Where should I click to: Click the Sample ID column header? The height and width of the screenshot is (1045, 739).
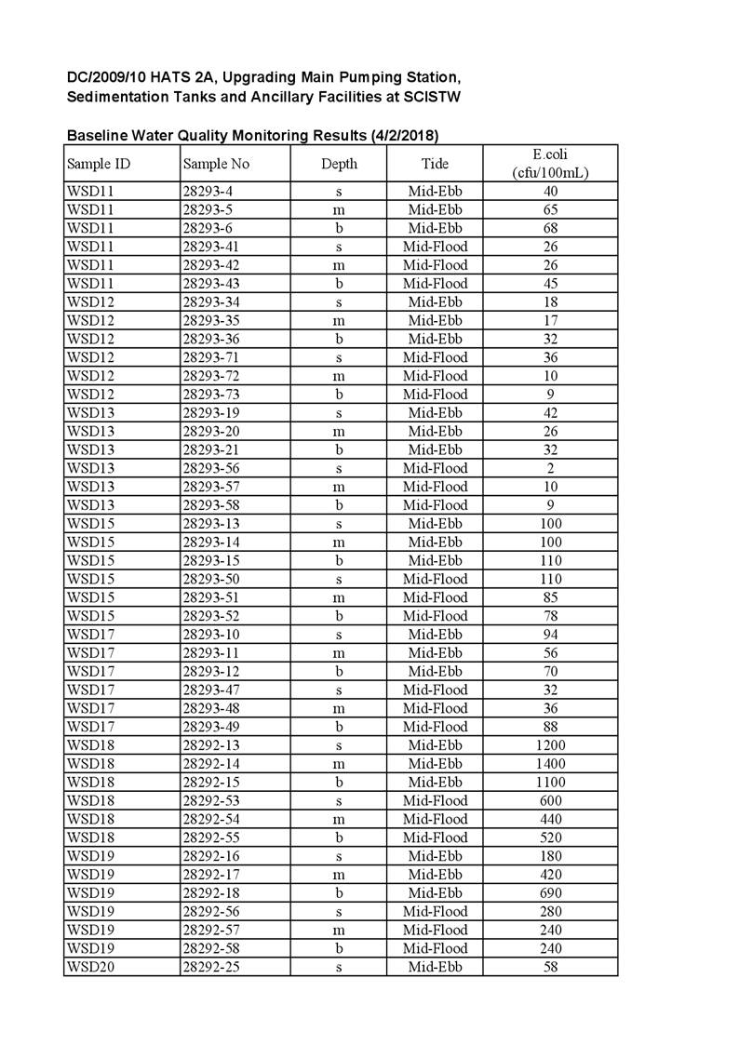click(98, 164)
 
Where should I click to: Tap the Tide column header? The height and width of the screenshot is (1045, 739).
click(435, 164)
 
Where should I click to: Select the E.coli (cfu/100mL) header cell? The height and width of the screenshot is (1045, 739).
click(550, 164)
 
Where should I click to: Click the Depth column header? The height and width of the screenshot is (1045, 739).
click(339, 164)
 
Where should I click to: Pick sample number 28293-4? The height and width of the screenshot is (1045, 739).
click(208, 192)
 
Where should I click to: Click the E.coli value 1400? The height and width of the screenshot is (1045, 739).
click(550, 764)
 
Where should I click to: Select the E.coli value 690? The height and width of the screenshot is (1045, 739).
click(550, 893)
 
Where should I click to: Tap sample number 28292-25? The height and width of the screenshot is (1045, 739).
click(212, 967)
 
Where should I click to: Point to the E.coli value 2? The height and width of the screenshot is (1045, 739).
click(550, 468)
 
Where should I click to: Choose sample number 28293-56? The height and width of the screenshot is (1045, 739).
click(212, 468)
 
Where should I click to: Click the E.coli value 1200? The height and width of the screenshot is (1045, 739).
click(550, 745)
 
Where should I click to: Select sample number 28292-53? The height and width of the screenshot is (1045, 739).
click(212, 800)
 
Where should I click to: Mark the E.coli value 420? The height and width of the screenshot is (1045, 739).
click(550, 875)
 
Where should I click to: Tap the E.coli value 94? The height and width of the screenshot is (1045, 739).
click(550, 635)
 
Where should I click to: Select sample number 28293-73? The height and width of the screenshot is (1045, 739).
click(212, 395)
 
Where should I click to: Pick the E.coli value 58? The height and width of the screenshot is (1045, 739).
click(550, 967)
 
